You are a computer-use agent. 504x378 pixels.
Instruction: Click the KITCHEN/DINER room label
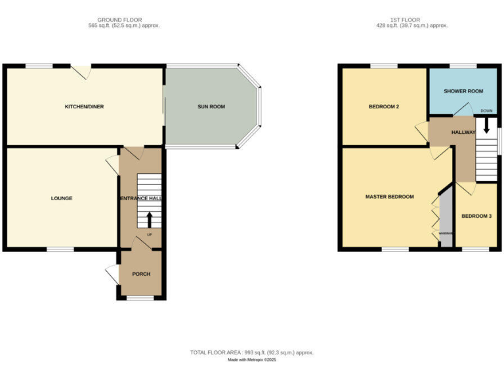click(84, 106)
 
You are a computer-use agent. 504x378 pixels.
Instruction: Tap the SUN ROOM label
click(211, 106)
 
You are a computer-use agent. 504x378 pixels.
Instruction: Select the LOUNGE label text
click(62, 198)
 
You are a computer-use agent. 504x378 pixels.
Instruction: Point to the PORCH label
click(141, 274)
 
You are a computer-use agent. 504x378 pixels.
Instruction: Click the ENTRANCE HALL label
click(141, 198)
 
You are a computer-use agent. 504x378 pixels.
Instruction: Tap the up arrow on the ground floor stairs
click(149, 219)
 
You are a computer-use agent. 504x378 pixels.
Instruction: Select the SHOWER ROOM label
click(463, 91)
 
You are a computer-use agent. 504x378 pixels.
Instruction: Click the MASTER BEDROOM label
click(390, 197)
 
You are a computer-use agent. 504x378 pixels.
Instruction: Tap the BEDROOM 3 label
click(476, 216)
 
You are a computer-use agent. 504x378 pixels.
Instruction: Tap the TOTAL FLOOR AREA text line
click(252, 353)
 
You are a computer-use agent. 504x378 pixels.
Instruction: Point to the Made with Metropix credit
click(252, 360)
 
